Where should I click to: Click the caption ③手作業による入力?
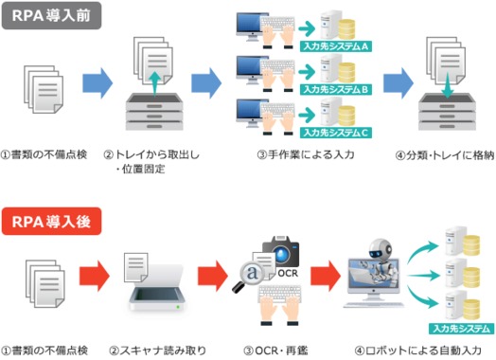click(x=303, y=154)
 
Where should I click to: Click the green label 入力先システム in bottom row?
click(x=461, y=329)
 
